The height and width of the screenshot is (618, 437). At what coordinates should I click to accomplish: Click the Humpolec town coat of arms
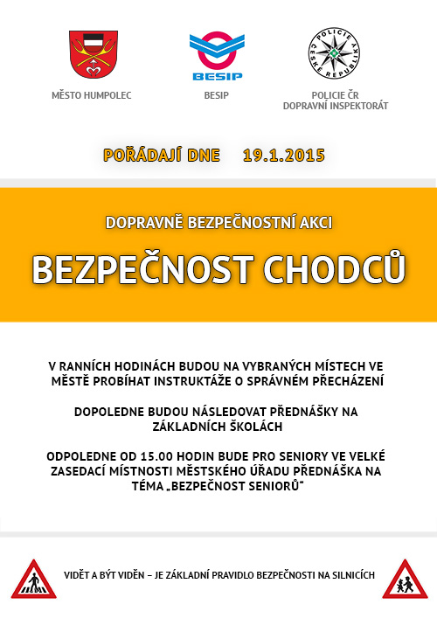pyautogui.click(x=92, y=54)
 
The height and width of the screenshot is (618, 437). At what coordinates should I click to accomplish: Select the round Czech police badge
pyautogui.click(x=335, y=53)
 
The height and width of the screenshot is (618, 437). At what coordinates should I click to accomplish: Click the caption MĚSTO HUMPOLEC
pyautogui.click(x=92, y=94)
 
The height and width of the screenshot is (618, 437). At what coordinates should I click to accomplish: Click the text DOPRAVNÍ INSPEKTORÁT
pyautogui.click(x=336, y=106)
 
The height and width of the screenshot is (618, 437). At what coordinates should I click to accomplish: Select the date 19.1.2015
pyautogui.click(x=284, y=156)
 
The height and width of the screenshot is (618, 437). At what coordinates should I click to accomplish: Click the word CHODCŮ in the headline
pyautogui.click(x=336, y=268)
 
